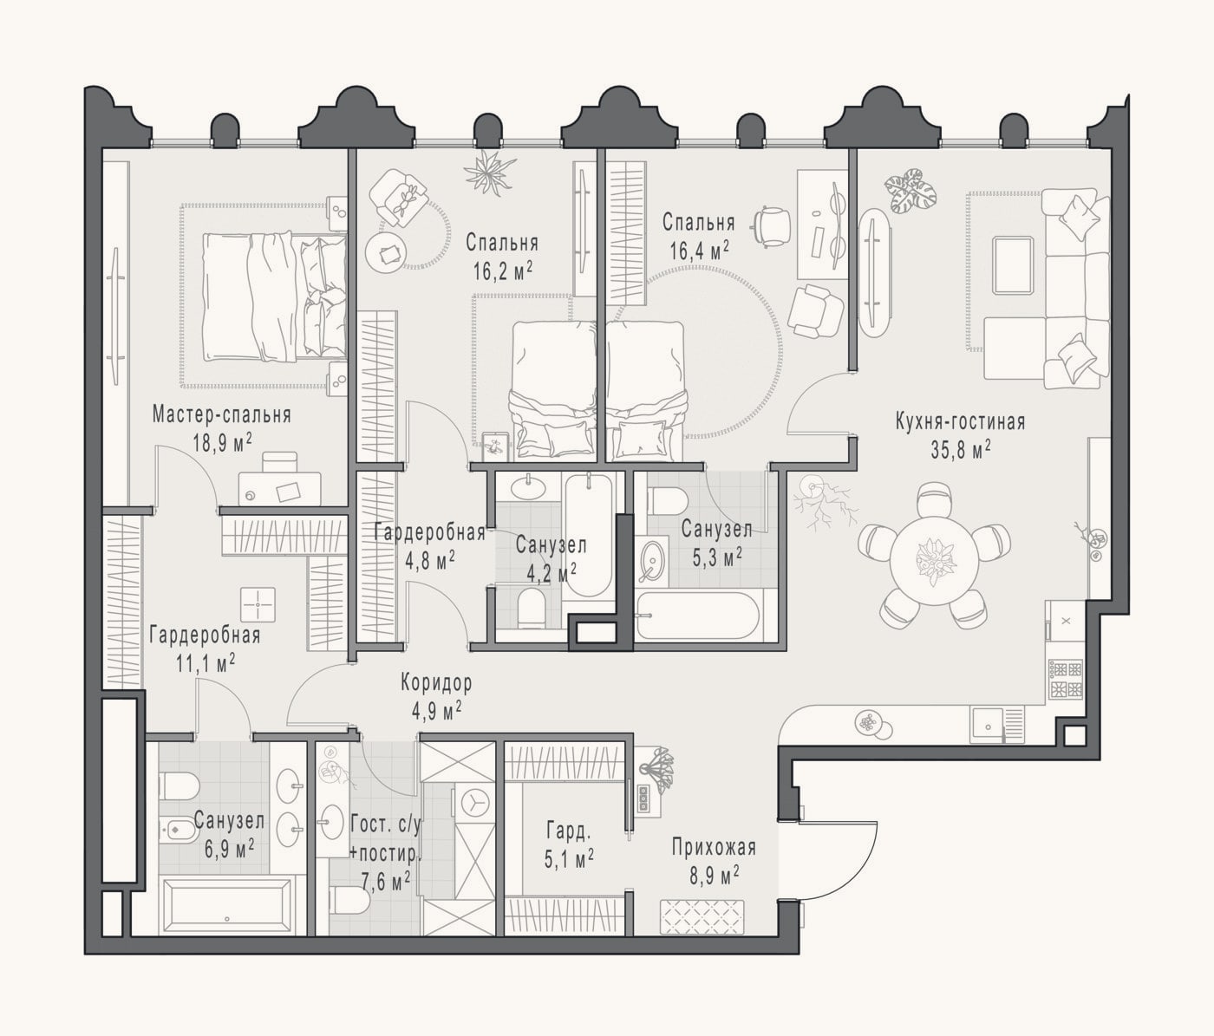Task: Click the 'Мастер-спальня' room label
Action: (x=221, y=414)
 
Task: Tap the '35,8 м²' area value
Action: (x=961, y=450)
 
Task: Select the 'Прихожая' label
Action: (x=714, y=848)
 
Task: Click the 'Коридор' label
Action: (x=436, y=682)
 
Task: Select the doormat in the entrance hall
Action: (x=703, y=916)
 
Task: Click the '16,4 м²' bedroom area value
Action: (x=700, y=252)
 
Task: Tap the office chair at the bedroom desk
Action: (x=773, y=226)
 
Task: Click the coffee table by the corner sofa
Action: (x=1013, y=265)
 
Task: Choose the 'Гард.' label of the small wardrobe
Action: (x=569, y=831)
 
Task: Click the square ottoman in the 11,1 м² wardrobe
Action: (x=258, y=604)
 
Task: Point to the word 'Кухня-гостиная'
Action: (x=960, y=421)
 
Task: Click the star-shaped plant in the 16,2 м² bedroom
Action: (x=489, y=172)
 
